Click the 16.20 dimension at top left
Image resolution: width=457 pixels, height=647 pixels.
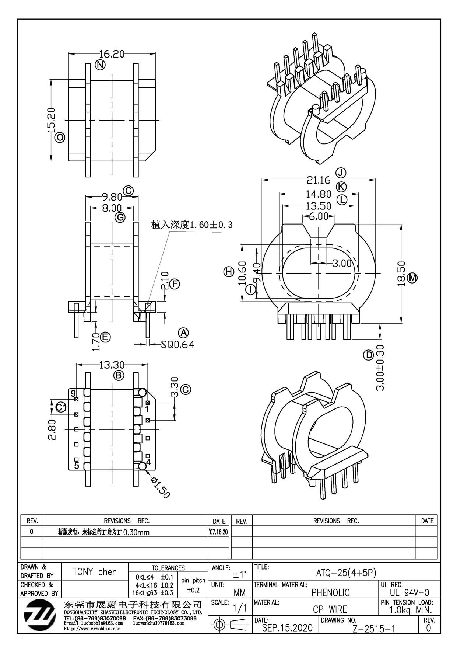point(112,54)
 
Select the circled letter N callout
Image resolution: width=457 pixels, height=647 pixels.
point(100,65)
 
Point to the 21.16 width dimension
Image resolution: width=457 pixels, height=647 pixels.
point(319,180)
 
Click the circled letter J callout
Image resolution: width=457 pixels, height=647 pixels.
point(341,173)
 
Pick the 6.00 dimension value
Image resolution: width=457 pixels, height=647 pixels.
point(319,216)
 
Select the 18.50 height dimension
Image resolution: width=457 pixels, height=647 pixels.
point(401,274)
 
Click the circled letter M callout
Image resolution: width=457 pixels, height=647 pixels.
point(412,278)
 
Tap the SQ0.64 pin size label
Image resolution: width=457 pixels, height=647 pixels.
point(178,344)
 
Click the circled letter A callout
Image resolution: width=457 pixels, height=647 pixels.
point(183,333)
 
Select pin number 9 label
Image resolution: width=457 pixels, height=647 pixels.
point(73,393)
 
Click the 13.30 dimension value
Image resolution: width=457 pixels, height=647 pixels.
point(112,365)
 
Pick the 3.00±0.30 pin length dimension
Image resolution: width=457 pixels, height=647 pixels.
point(380,368)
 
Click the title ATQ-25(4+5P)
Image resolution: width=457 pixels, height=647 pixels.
point(346,573)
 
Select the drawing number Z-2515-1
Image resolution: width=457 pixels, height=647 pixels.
point(374,629)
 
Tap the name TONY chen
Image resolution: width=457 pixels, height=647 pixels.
point(95,572)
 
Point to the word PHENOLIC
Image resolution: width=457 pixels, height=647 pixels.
point(331,592)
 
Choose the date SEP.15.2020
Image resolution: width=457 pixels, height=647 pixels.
point(287,628)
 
